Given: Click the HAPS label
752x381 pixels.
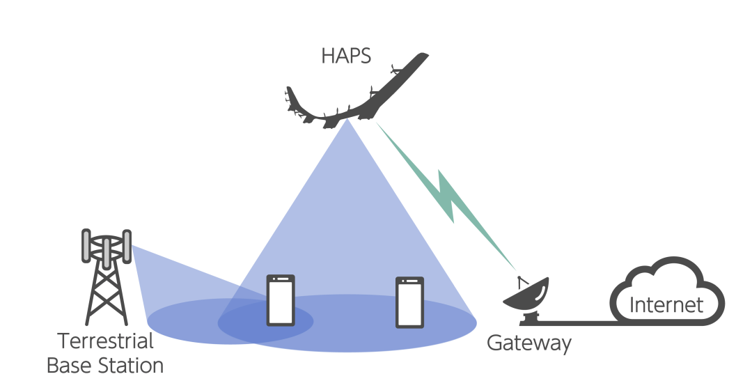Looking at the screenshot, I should [x=346, y=56].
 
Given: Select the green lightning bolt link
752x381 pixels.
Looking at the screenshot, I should [x=446, y=195].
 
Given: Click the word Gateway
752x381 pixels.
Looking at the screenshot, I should [x=528, y=343].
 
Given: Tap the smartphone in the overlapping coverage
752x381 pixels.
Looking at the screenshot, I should [x=281, y=300].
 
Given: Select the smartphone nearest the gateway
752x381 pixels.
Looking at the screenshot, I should [x=410, y=302].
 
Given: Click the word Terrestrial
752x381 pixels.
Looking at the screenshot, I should [x=105, y=342].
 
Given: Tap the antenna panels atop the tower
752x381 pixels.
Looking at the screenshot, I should [x=106, y=247].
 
